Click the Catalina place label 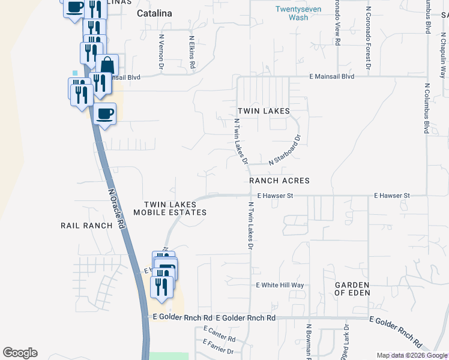(x=154, y=13)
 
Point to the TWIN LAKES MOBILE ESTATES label (x=170, y=209)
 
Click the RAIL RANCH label (x=86, y=226)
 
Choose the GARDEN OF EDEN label (x=352, y=289)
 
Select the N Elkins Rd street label (x=192, y=52)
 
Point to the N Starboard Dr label (x=285, y=150)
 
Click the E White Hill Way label (x=280, y=285)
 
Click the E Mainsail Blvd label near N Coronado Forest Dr (x=332, y=76)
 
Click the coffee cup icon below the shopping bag (x=104, y=113)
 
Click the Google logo (x=20, y=353)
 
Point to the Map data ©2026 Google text (x=411, y=355)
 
